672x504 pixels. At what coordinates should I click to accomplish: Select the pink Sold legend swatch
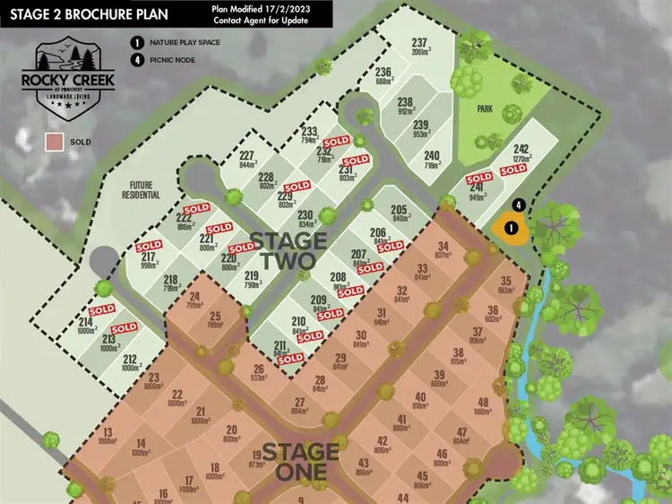(54, 142)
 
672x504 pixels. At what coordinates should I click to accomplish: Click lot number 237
(418, 42)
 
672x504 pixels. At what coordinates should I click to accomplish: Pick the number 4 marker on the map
(519, 204)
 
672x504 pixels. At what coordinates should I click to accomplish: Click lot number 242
(521, 149)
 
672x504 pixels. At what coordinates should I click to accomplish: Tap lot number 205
(400, 210)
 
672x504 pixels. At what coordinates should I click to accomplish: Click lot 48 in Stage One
(483, 402)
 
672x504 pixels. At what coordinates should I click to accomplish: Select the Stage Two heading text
(283, 250)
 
